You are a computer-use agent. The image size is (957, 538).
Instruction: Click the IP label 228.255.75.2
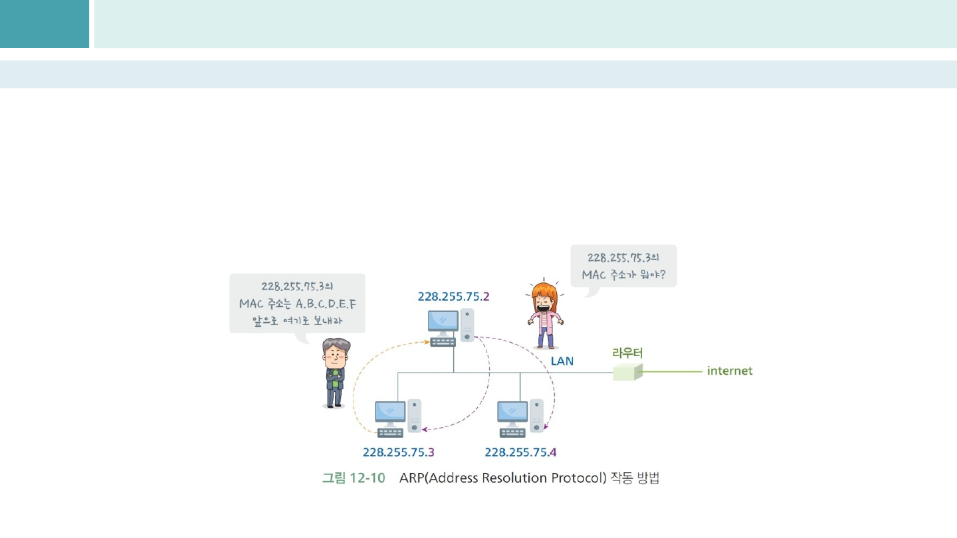click(x=453, y=297)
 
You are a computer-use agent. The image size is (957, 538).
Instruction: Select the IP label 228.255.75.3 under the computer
click(x=398, y=452)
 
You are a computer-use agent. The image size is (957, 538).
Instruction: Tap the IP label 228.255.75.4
click(x=520, y=452)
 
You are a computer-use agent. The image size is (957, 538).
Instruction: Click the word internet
click(x=730, y=371)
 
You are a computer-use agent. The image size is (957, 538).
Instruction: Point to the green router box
click(x=627, y=371)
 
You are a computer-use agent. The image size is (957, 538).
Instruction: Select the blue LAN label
click(x=562, y=361)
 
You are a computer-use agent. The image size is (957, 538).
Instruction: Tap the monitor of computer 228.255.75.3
click(x=389, y=412)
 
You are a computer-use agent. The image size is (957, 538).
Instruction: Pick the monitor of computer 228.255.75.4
click(x=512, y=412)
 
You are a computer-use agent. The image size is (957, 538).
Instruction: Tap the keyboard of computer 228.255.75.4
click(x=512, y=432)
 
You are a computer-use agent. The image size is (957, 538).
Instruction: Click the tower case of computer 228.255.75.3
click(x=415, y=414)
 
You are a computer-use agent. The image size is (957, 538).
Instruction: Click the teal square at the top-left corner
click(x=44, y=23)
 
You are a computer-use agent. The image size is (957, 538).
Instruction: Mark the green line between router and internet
click(x=671, y=371)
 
